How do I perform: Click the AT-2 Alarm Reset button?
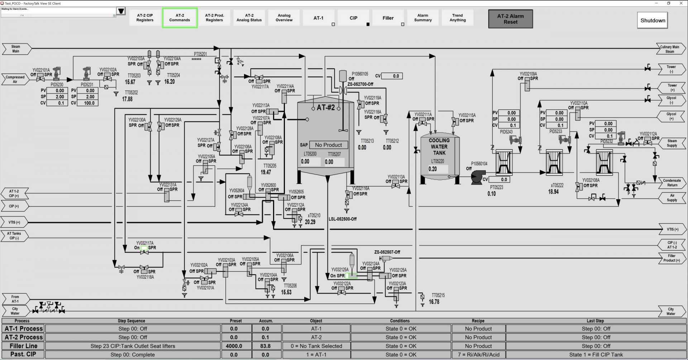(510, 19)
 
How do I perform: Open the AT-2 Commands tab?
(180, 18)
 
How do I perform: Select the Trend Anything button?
(458, 18)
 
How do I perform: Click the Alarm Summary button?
(423, 18)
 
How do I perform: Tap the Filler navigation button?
(388, 18)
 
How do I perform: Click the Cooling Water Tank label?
(439, 147)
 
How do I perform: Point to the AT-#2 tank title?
(325, 107)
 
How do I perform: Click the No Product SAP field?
(328, 145)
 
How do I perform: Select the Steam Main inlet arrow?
(16, 49)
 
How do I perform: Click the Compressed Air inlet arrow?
(15, 79)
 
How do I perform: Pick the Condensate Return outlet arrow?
(672, 183)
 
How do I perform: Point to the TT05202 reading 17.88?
(127, 99)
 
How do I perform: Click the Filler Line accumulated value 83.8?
(266, 346)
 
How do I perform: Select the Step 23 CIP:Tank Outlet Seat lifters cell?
(133, 346)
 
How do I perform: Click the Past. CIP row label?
(23, 354)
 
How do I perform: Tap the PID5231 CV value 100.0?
(89, 103)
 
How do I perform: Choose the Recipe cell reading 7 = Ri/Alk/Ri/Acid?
(478, 355)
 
